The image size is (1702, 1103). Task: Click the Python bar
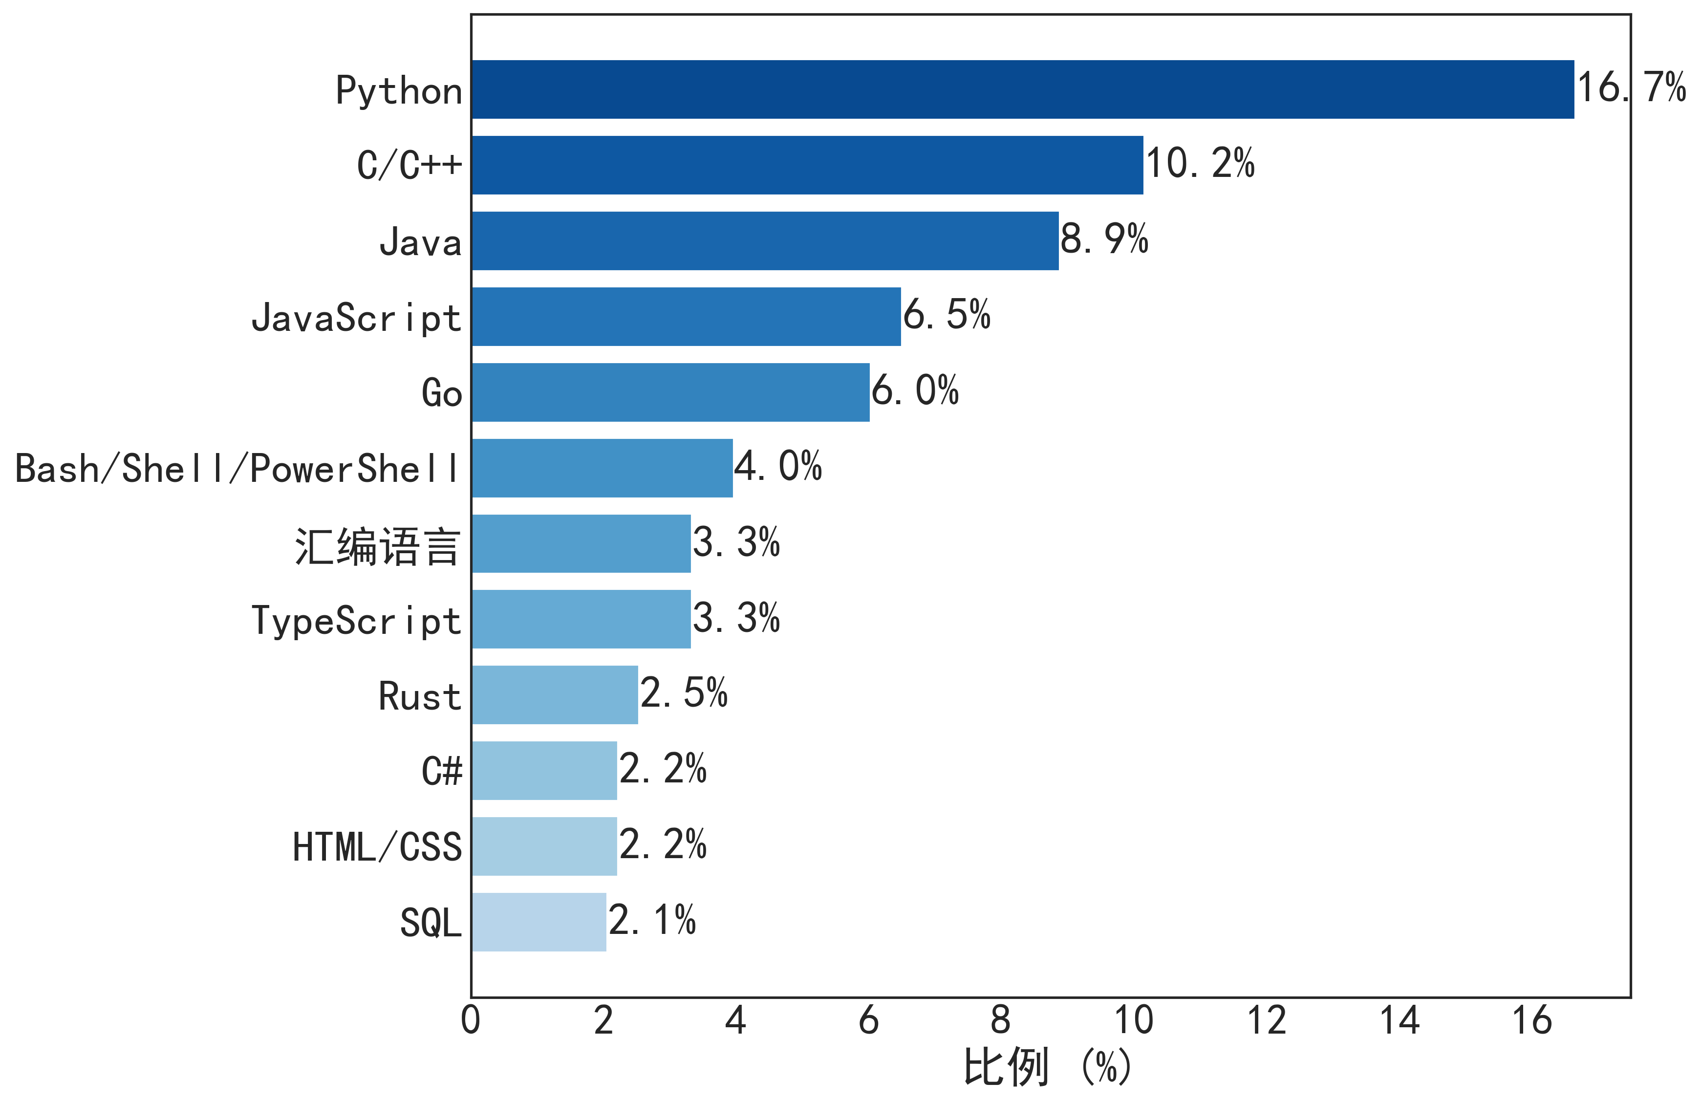pos(1023,89)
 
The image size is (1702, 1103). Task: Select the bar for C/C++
pos(807,165)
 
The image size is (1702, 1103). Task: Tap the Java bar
pos(764,241)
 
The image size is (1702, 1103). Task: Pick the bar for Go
pos(670,393)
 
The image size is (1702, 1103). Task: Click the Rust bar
pos(554,695)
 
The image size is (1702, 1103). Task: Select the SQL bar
pos(539,922)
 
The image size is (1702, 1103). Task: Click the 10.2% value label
pos(1200,164)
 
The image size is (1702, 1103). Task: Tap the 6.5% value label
pos(946,315)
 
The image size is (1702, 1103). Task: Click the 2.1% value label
pos(651,921)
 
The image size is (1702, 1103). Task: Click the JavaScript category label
pos(356,318)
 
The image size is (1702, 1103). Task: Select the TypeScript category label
pos(356,620)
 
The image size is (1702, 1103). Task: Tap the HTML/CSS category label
pos(377,847)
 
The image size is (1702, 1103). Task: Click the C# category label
pos(441,772)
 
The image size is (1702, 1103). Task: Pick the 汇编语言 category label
pos(377,547)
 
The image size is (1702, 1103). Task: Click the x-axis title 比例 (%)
pos(1048,1068)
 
